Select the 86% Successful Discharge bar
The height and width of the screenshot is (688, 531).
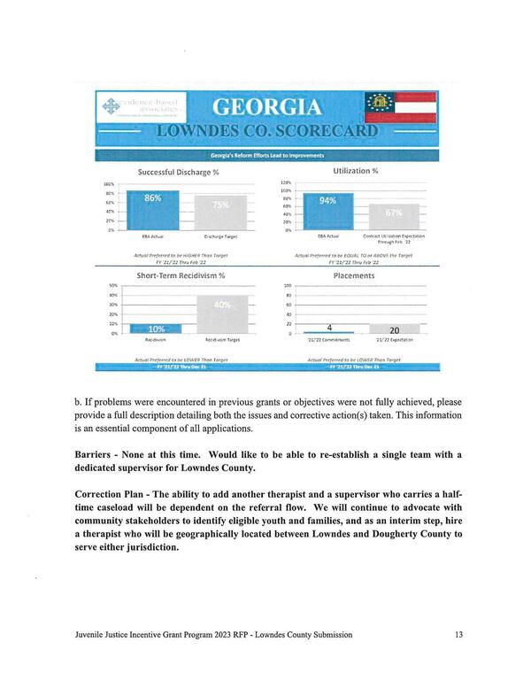point(153,210)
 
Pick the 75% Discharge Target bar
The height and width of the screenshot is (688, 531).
point(220,213)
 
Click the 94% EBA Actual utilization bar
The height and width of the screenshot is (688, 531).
point(327,211)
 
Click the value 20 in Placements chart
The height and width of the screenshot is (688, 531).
point(394,329)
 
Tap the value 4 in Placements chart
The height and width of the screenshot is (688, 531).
point(329,328)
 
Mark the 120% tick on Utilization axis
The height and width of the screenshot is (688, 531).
point(286,182)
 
